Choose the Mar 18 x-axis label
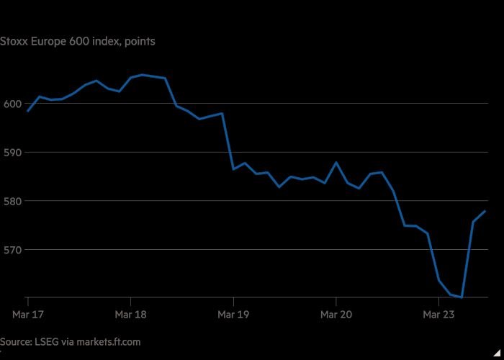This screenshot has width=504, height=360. click(130, 314)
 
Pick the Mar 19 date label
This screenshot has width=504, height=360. click(233, 314)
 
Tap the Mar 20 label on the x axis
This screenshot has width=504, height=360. click(336, 314)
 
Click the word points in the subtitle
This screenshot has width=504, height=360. click(140, 41)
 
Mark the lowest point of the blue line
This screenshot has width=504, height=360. click(462, 297)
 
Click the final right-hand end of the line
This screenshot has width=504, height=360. click(485, 211)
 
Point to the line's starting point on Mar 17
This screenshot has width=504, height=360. click(27, 111)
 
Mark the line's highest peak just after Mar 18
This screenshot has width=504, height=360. click(142, 74)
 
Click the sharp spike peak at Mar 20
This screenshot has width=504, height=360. click(336, 162)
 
